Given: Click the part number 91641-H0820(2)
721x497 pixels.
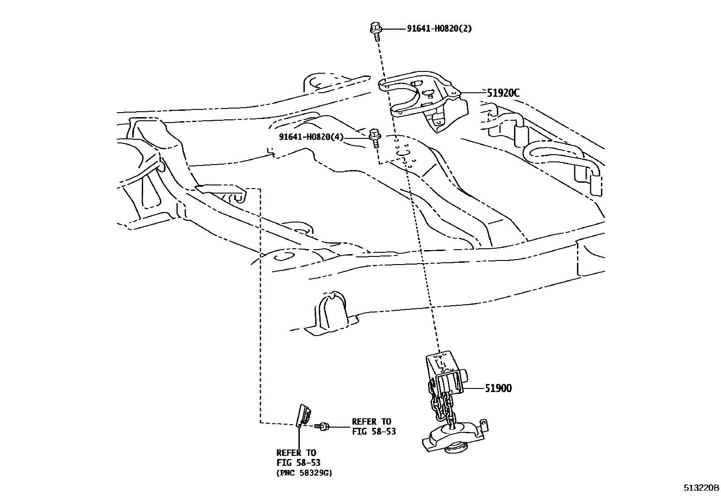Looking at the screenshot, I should coord(439,28).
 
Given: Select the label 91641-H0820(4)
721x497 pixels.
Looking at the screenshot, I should coord(311,137).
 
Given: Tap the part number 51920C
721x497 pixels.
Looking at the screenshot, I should coord(503,93).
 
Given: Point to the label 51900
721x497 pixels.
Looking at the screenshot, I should coord(498,388).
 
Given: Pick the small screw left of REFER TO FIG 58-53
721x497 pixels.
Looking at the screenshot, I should coord(322,426).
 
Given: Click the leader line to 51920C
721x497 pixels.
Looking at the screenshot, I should coord(473,93).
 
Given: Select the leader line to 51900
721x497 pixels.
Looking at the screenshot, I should coord(474,388).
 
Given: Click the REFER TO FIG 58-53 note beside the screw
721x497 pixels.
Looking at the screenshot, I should coord(374,426).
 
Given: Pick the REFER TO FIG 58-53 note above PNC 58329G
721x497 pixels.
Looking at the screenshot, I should coord(297,457).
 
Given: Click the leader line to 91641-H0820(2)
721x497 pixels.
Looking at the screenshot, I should coord(394,29).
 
